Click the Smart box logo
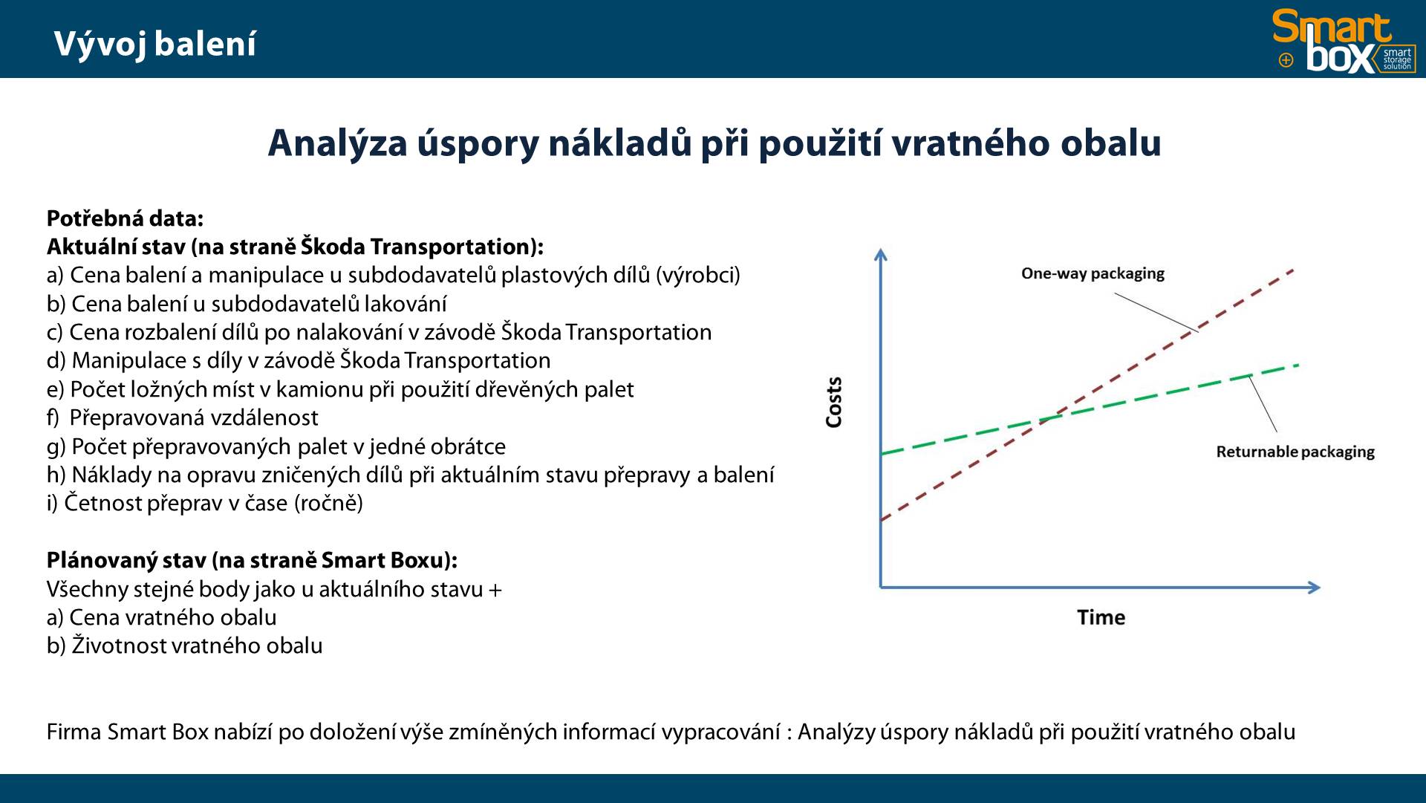tap(1344, 41)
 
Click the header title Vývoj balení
tap(155, 45)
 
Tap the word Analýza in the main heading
tap(338, 143)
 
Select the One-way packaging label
tap(1093, 273)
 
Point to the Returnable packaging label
tap(1295, 452)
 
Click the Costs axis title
tap(834, 402)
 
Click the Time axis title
tap(1101, 617)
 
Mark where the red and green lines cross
tap(1049, 419)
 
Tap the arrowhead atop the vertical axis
tap(881, 254)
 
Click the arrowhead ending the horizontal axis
tap(1314, 588)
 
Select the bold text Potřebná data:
tap(125, 218)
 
